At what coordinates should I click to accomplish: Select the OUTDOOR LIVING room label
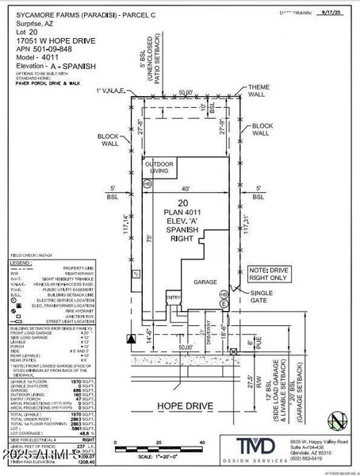coord(158,167)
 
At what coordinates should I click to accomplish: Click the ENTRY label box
coord(172,298)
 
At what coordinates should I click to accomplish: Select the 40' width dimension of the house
coord(185,188)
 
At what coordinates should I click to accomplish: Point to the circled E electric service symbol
coord(224,304)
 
